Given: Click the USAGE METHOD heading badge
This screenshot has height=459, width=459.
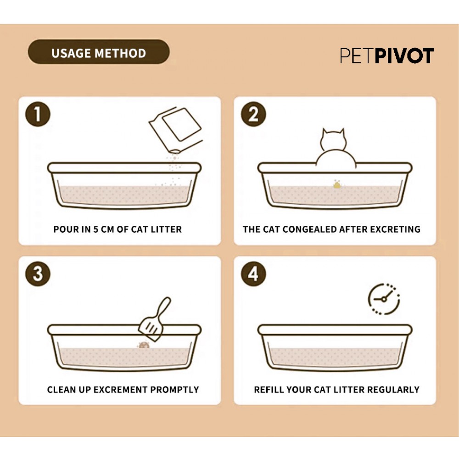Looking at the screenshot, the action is [x=99, y=52].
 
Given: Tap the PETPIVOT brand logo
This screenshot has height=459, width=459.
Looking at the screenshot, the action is [x=386, y=56].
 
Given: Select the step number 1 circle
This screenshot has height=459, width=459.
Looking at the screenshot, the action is [x=38, y=114].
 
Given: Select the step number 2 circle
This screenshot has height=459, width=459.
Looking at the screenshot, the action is [x=253, y=114].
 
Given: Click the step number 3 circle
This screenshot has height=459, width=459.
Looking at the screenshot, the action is [x=38, y=274].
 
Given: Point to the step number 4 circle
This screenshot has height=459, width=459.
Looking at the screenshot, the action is [x=253, y=274].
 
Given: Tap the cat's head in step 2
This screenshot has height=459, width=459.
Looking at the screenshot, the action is [x=333, y=140].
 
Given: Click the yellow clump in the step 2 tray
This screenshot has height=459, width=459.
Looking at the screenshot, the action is [x=337, y=185].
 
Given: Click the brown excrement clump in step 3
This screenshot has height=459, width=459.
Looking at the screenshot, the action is [x=144, y=346].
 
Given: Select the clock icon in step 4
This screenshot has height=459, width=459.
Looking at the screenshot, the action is [x=384, y=299].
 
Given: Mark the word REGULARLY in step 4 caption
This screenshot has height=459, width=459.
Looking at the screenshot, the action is [x=393, y=390].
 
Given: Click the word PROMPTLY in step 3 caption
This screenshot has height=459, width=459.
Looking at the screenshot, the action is [x=174, y=390].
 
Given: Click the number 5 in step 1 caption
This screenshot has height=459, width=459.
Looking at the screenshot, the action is [x=95, y=229].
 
